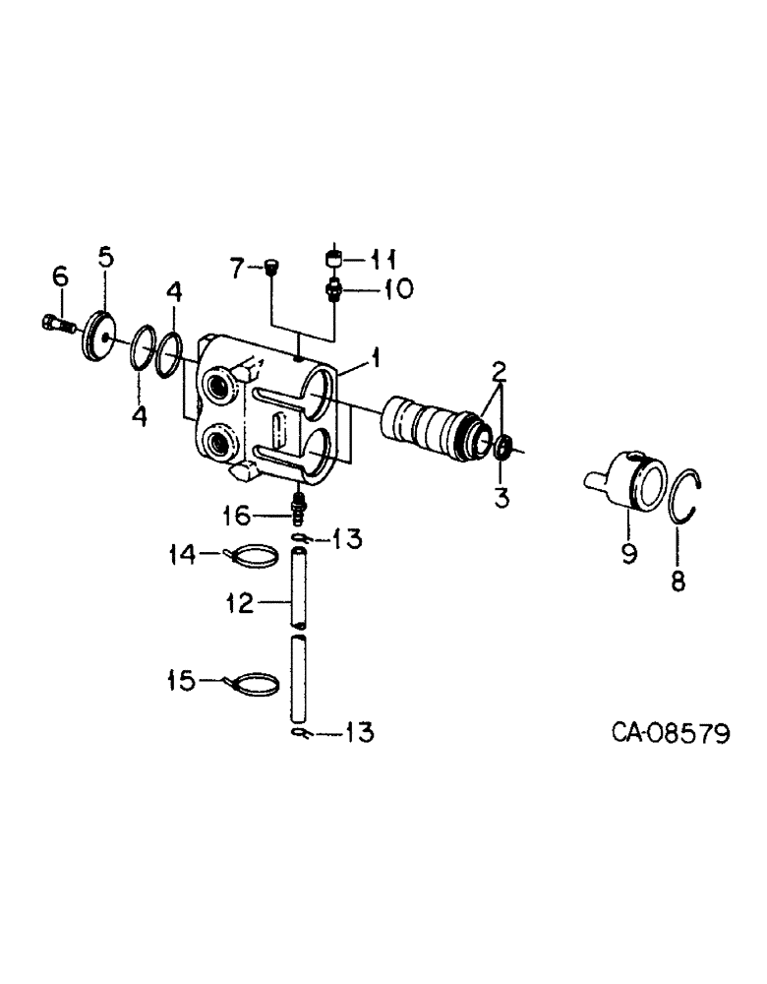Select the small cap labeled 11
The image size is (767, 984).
tap(334, 259)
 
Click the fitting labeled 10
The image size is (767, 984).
tap(334, 288)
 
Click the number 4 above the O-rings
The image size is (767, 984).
tap(173, 292)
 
